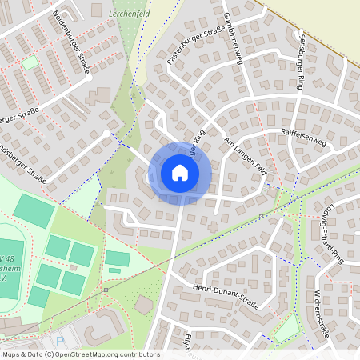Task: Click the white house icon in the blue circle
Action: pyautogui.click(x=179, y=173)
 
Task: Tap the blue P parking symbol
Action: pyautogui.click(x=59, y=340)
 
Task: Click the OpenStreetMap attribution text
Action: pyautogui.click(x=80, y=354)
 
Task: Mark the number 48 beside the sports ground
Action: pyautogui.click(x=6, y=259)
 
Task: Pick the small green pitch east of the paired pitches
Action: pyautogui.click(x=118, y=258)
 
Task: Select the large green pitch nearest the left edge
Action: pyautogui.click(x=34, y=210)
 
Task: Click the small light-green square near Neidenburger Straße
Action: pyautogui.click(x=30, y=62)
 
